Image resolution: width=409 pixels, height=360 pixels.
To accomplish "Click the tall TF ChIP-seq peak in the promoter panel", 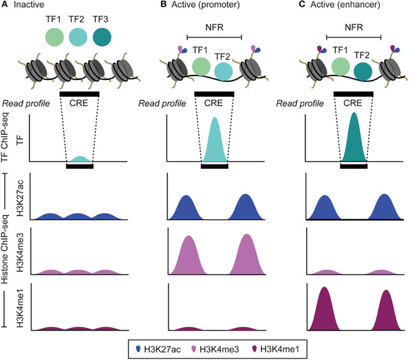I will [x=215, y=144].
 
